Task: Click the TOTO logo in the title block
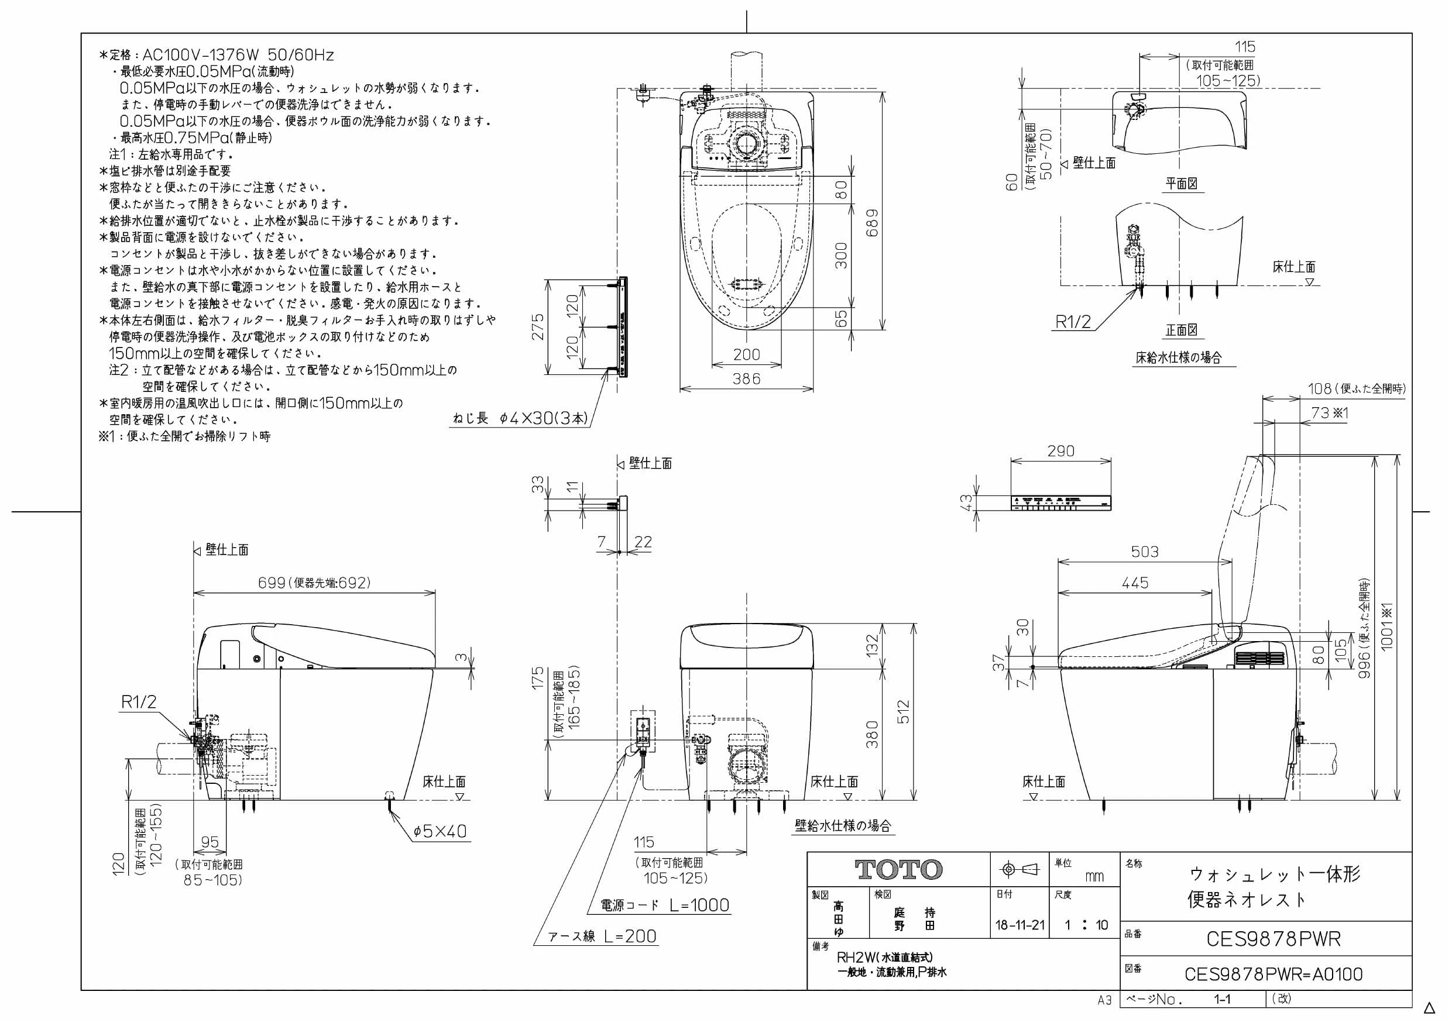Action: (898, 870)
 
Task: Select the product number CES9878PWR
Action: (1273, 939)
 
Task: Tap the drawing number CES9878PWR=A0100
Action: (1273, 974)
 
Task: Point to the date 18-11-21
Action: (1020, 925)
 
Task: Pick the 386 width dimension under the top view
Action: (746, 378)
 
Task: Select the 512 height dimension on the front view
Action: (903, 712)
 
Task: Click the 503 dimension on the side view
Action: (1145, 552)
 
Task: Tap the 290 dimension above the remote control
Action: (1060, 451)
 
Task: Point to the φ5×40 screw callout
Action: (440, 831)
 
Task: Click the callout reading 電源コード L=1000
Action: (665, 906)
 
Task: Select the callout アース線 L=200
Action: (602, 937)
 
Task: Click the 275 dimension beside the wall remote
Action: (537, 327)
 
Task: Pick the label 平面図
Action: (1182, 184)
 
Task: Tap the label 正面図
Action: (1182, 330)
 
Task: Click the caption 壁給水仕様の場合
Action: (843, 825)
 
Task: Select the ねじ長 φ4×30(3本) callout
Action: (520, 418)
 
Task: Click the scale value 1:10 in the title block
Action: (1086, 925)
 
